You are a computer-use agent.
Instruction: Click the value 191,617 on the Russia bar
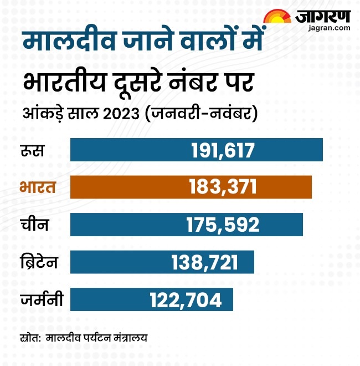coord(222,150)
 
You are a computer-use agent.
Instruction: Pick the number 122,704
coord(186,300)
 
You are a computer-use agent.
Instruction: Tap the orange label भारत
coord(37,186)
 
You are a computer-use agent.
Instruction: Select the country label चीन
coord(34,225)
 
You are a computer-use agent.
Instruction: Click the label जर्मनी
coord(40,300)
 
